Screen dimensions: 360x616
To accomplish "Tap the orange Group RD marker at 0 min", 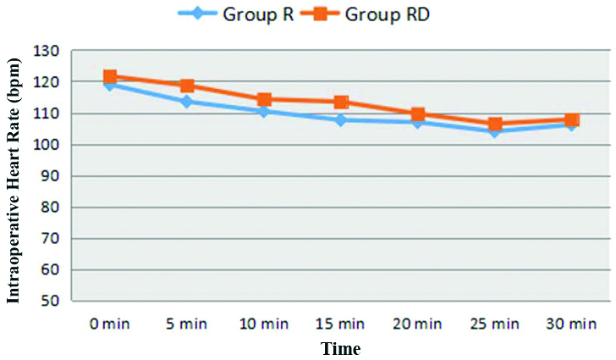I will (x=110, y=77).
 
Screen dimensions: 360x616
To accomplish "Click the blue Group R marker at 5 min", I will (x=187, y=102).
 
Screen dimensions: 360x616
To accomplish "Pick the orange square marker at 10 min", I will (x=264, y=99).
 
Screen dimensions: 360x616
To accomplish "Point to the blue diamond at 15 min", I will (x=341, y=120).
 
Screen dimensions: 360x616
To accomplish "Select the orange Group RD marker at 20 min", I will (x=418, y=114).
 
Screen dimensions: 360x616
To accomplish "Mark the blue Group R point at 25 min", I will (x=495, y=131).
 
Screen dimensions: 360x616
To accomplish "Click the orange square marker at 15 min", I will (x=341, y=102).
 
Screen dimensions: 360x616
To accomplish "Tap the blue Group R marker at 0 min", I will (x=110, y=85).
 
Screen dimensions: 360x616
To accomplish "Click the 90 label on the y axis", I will (x=50, y=176).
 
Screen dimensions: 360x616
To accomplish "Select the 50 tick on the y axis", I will (x=50, y=302).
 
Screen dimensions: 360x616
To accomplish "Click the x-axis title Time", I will (x=340, y=348).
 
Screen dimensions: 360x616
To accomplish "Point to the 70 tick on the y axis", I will (x=50, y=239).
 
